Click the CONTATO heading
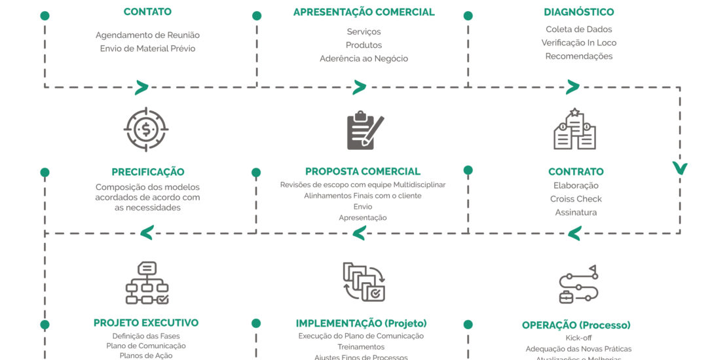[x=147, y=12]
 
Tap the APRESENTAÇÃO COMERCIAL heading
[x=363, y=12]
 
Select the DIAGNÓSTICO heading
[x=579, y=12]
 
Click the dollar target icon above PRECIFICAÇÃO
[x=146, y=130]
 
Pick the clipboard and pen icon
[x=364, y=130]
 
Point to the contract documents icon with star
[x=574, y=129]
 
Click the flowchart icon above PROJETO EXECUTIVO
[x=147, y=282]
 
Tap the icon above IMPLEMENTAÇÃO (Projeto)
[x=363, y=281]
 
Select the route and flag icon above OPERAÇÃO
[x=578, y=284]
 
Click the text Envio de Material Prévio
[x=147, y=48]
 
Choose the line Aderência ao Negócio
[x=363, y=59]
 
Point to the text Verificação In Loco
[x=579, y=43]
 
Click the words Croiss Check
[x=576, y=199]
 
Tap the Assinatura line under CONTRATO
[x=576, y=212]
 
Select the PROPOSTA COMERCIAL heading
[x=363, y=171]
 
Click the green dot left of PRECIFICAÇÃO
[x=45, y=173]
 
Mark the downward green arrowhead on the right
[x=680, y=168]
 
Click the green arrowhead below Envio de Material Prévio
[x=141, y=87]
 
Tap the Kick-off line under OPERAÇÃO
[x=578, y=338]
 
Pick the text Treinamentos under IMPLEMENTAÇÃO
[x=361, y=347]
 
